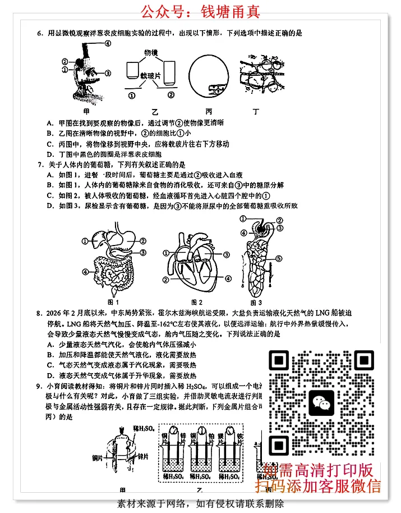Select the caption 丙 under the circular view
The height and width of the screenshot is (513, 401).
pos(209,111)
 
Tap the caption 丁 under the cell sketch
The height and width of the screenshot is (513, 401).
pos(257,111)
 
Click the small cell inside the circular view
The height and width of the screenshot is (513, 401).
pos(216,88)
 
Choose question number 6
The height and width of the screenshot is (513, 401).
pos(40,33)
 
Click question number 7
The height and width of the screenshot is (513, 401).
pos(40,165)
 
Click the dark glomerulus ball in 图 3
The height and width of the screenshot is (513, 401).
pos(261,227)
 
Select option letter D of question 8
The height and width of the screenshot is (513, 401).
pos(50,375)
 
